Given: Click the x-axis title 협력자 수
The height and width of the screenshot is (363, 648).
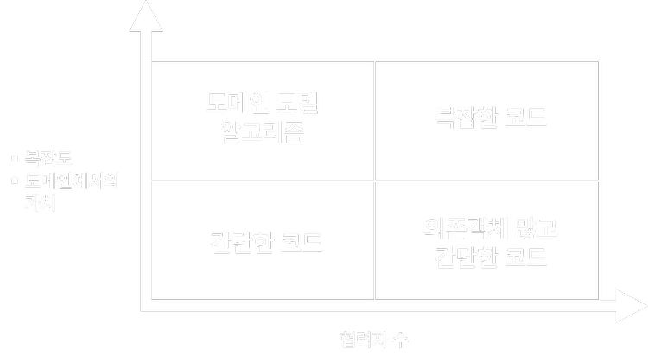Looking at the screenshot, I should point(374,340).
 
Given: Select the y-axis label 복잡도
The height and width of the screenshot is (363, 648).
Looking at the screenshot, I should point(48,159).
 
